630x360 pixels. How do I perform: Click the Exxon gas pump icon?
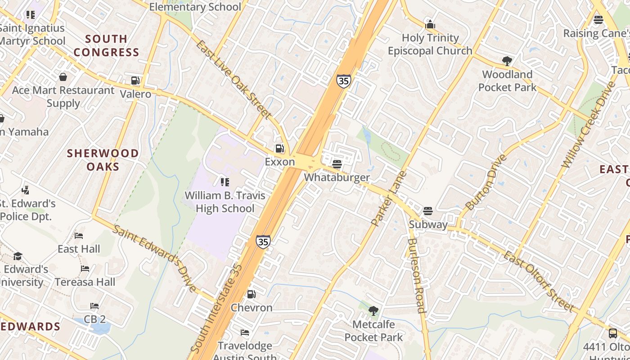279,148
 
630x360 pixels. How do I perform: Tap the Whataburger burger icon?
337,164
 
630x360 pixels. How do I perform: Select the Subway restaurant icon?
427,211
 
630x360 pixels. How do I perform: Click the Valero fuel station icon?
135,81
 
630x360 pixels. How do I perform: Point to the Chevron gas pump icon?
251,294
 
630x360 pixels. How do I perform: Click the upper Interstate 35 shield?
343,81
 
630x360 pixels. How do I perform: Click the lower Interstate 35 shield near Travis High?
263,241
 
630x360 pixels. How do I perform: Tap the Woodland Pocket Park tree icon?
507,61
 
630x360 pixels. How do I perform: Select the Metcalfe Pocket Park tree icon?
373,310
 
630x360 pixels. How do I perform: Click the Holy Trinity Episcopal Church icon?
430,24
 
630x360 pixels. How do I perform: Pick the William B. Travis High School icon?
225,182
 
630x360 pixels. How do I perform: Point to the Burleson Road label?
416,275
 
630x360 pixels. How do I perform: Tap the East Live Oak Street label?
234,80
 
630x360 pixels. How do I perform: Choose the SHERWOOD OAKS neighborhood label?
103,160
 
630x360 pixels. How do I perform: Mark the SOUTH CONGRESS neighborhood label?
106,45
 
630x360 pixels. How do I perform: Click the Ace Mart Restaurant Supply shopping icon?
63,77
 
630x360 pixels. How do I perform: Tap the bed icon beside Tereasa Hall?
85,269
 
